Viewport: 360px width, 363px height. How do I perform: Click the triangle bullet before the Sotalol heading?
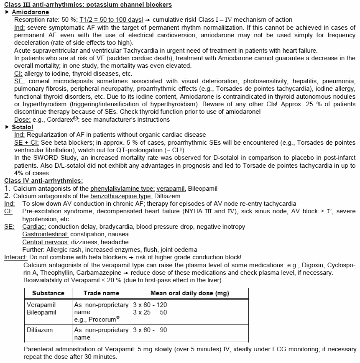tap(7, 127)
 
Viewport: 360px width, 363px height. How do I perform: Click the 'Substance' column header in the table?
tap(48, 293)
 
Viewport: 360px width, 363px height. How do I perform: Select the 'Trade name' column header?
tap(101, 293)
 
